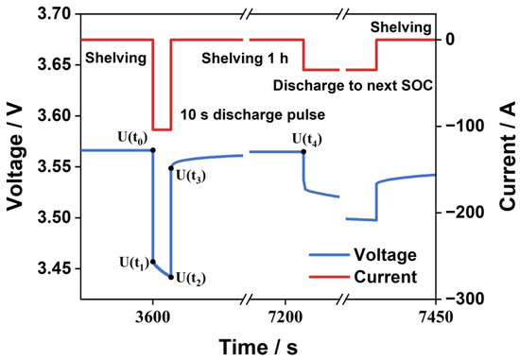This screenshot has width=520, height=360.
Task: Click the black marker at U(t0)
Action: click(153, 150)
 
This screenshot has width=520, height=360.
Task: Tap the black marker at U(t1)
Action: click(153, 262)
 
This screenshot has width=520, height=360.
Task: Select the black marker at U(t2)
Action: click(171, 277)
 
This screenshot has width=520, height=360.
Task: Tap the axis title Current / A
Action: click(508, 156)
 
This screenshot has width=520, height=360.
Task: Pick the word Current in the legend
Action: click(387, 277)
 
